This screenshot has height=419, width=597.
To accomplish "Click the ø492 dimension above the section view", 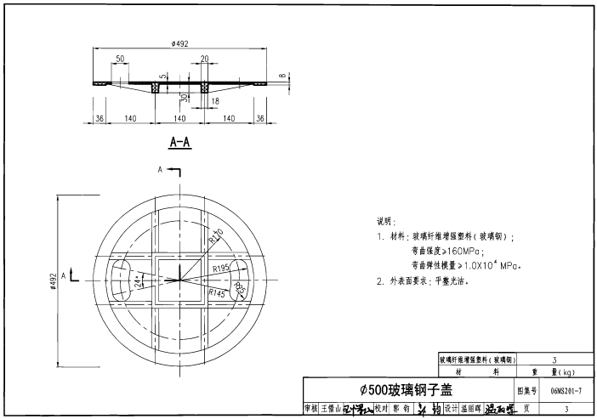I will click(x=179, y=42).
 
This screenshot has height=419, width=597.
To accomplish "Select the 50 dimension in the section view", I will click(x=120, y=59).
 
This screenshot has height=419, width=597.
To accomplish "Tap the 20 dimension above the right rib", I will click(x=204, y=59).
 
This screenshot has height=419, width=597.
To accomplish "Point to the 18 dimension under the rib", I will click(x=214, y=101).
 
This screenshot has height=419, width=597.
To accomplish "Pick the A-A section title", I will click(x=179, y=142).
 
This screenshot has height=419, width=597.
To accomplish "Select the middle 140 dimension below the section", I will click(x=179, y=119).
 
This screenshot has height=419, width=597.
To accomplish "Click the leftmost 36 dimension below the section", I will click(x=99, y=119).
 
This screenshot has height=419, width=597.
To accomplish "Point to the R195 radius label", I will click(x=222, y=268).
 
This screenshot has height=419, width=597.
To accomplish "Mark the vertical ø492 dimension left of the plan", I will click(x=53, y=280).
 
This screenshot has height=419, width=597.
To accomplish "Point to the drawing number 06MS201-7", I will click(x=566, y=390).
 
